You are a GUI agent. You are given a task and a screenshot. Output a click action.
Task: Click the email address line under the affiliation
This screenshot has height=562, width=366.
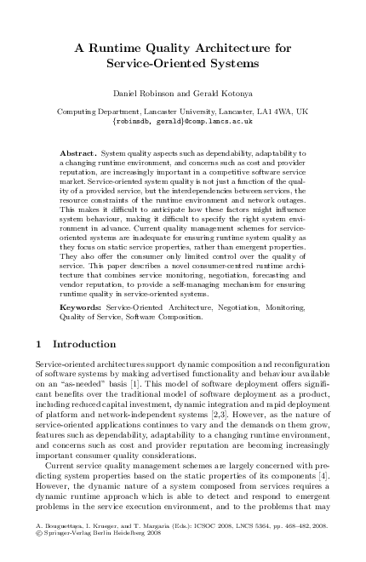(183, 122)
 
